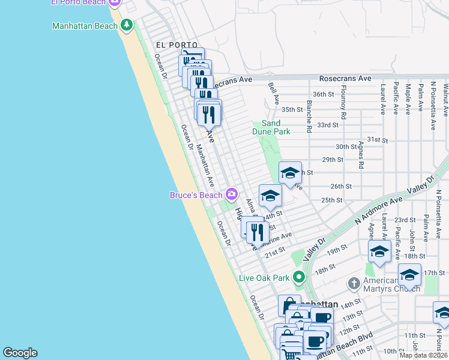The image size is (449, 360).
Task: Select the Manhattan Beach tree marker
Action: coord(126,25)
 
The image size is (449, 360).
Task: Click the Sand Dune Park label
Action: coord(276,127)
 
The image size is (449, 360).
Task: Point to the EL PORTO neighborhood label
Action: coord(176,45)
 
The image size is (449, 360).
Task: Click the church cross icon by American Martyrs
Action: coord(354,282)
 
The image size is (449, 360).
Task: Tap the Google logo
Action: coord(20,353)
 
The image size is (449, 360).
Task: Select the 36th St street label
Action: coord(323,94)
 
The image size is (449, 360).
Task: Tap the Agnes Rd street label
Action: coord(361,155)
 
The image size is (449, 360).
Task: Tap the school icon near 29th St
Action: coord(290,173)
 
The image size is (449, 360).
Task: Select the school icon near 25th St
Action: coord(270,196)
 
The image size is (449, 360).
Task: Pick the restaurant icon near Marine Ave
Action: coord(258,231)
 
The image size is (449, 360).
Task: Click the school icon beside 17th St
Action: coord(409,275)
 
